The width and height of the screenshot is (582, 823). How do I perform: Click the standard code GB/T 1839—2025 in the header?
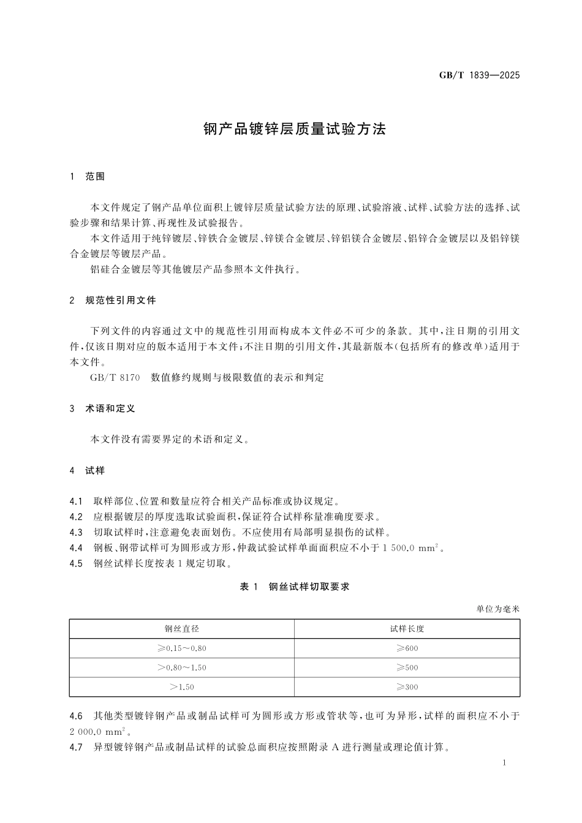[479, 76]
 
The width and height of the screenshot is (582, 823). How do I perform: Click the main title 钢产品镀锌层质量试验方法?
[295, 129]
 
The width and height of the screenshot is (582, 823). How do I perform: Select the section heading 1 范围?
[88, 176]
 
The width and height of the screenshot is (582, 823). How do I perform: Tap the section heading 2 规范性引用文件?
[113, 300]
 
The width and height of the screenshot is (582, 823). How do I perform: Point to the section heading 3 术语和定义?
[102, 408]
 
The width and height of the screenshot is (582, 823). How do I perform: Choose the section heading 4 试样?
[88, 470]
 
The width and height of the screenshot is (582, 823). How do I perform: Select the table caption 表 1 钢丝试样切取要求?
[295, 587]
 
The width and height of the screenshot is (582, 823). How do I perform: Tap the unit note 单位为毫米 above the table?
[497, 609]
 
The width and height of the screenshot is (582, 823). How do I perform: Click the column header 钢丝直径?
[182, 629]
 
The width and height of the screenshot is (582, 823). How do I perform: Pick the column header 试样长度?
[407, 629]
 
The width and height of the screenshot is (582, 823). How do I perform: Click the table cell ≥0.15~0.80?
[182, 648]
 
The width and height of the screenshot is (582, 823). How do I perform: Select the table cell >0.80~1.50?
[182, 667]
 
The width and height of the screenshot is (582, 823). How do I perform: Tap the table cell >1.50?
[182, 687]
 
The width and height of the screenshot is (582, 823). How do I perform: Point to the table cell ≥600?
[407, 648]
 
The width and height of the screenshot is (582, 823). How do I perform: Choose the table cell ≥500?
[407, 667]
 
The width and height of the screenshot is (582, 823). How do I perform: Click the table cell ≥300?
[407, 687]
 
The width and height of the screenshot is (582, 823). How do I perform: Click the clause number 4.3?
[77, 532]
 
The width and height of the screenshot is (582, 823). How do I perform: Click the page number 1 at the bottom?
[504, 763]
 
